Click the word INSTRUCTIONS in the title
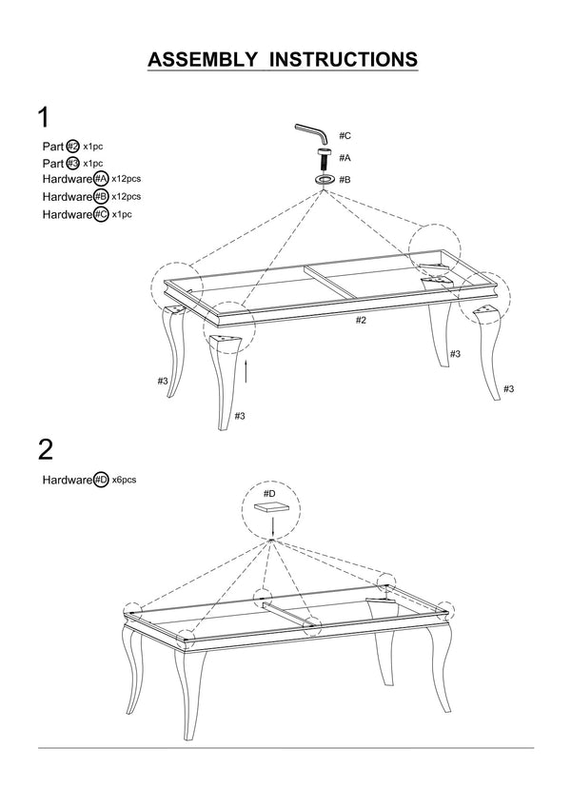(x=344, y=60)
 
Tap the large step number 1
(x=43, y=117)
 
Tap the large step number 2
(x=45, y=449)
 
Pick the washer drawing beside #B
(x=324, y=178)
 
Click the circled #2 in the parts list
(x=72, y=147)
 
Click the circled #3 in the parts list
(x=72, y=164)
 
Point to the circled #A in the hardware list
(x=101, y=180)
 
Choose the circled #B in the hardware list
(x=101, y=197)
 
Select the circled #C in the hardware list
(x=101, y=214)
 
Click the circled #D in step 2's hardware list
(x=101, y=481)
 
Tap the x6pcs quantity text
(x=125, y=481)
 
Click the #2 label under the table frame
(x=361, y=320)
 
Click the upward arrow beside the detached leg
(x=246, y=369)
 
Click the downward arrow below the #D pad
(x=271, y=529)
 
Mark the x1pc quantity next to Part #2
(x=93, y=147)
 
